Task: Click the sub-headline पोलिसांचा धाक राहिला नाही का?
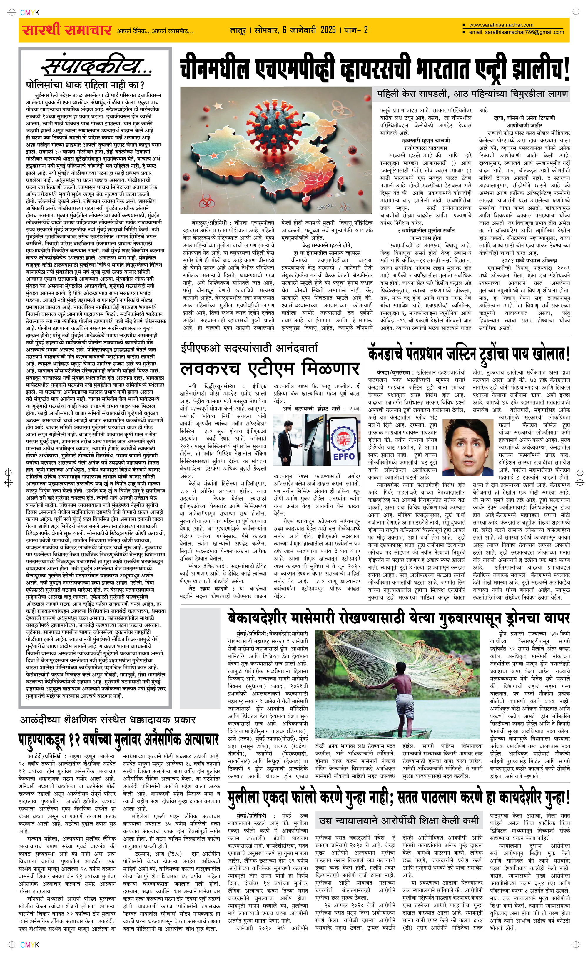click(85, 85)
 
